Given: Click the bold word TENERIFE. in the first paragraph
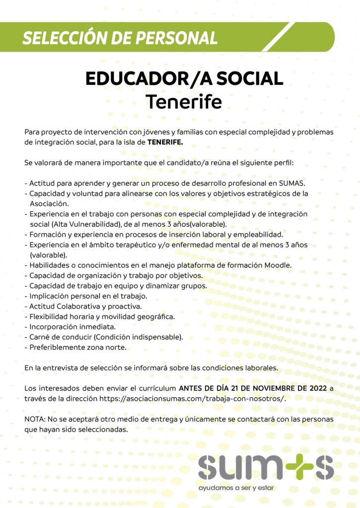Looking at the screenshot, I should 165,142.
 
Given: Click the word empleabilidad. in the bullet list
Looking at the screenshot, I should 258,234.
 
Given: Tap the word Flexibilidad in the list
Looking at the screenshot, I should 51,317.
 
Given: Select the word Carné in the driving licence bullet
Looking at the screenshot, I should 40,337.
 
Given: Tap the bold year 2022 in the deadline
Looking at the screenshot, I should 315,388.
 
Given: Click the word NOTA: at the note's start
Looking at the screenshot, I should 35,419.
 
